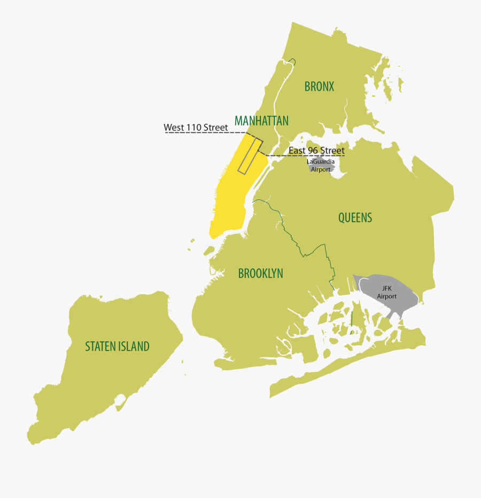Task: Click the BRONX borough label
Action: pos(319,86)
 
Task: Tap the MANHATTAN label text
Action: pos(261,120)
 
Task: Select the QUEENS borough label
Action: pos(355,217)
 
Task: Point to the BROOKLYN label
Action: pos(260,274)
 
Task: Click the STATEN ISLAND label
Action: pos(117,346)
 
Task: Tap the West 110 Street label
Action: pos(196,127)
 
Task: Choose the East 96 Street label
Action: pos(316,151)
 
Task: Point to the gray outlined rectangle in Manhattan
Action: pos(251,155)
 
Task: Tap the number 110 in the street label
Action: pos(193,127)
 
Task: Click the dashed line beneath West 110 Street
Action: pos(203,133)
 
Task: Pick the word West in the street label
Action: pos(174,127)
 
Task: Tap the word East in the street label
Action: pos(297,151)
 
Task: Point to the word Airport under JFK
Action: pos(387,296)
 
